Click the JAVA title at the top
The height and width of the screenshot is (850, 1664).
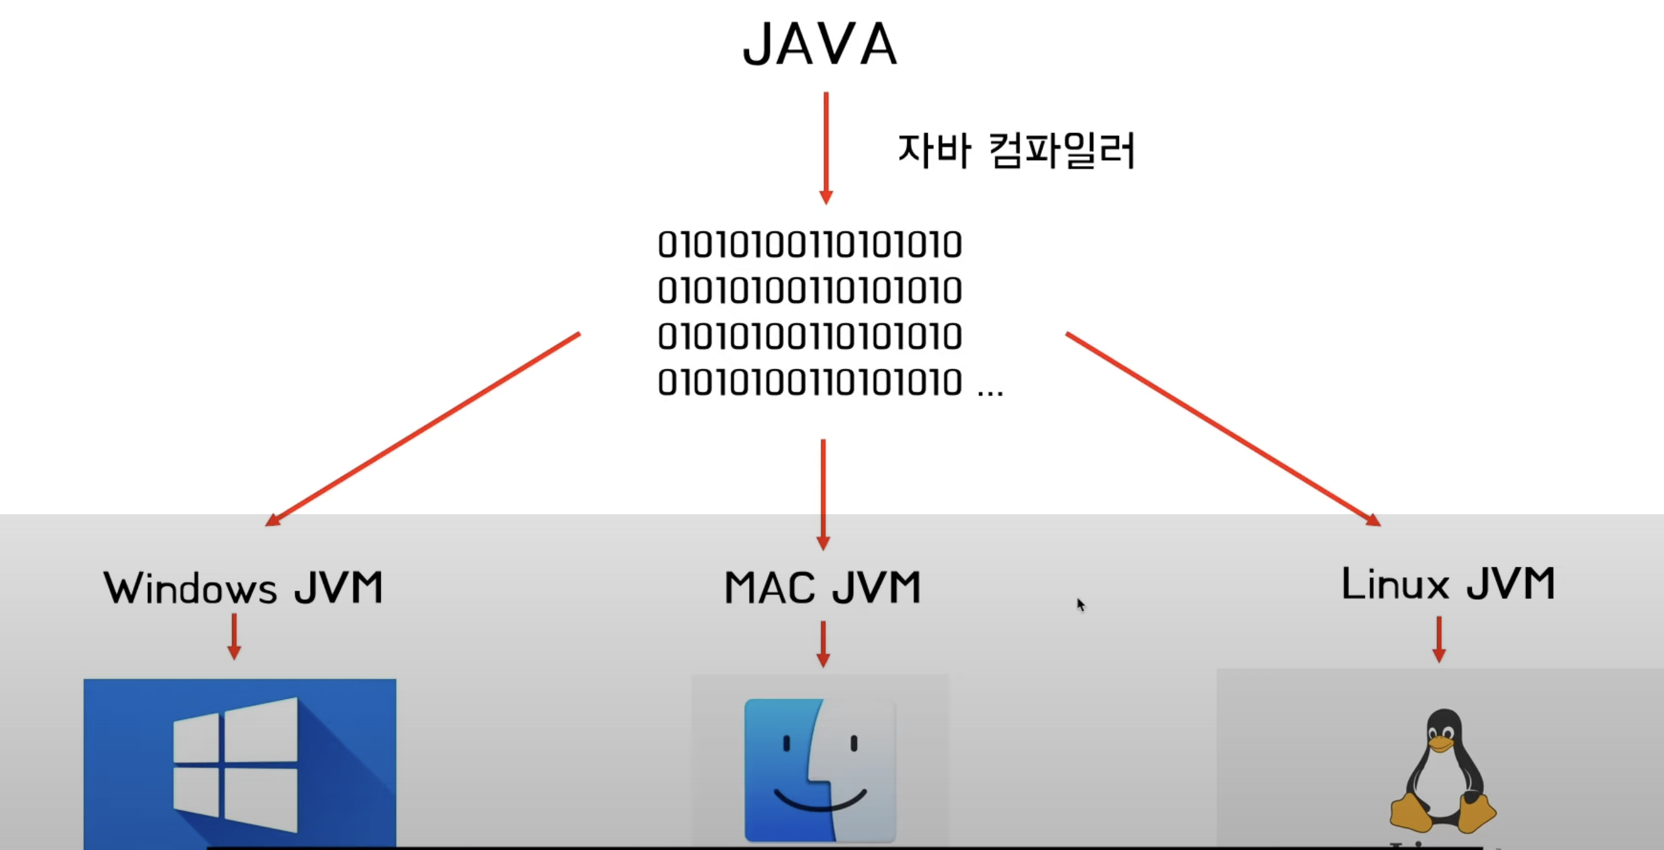[820, 44]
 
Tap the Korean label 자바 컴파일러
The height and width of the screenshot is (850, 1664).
[1016, 151]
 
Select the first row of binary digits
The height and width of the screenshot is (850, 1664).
[809, 245]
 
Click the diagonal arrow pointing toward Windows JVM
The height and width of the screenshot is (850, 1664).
[423, 429]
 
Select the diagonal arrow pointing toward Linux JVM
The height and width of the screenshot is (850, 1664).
[1223, 429]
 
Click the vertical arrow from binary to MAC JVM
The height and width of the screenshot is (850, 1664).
[823, 495]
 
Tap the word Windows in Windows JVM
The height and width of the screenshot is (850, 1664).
[190, 588]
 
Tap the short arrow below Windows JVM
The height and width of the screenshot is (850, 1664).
[234, 637]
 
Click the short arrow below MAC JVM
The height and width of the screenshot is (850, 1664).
[823, 644]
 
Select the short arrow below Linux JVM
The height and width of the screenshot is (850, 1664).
[1439, 639]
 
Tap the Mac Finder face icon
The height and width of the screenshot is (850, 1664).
[820, 769]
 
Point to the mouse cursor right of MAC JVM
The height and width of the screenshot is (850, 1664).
[1080, 605]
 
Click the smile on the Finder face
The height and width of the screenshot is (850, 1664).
[820, 802]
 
